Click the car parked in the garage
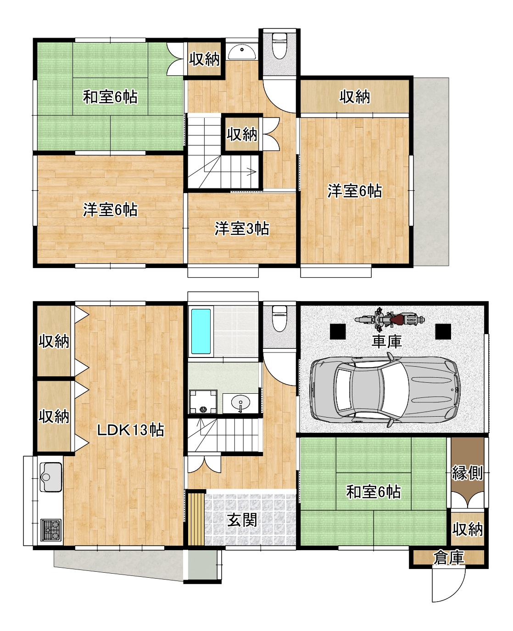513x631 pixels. point(385,390)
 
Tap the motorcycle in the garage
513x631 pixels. point(390,319)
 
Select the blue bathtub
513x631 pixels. point(201,331)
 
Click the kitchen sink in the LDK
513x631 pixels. point(50,477)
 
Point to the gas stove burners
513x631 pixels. point(50,530)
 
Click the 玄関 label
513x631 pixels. point(242,520)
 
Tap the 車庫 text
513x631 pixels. point(386,341)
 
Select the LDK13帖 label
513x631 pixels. point(130,430)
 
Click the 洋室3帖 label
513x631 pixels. point(242,229)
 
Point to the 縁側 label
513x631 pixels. point(467,473)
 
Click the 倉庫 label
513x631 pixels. point(448,558)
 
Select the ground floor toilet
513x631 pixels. point(279,318)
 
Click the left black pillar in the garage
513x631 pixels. point(338,331)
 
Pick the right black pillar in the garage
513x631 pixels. point(443,331)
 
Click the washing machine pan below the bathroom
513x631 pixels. point(203,402)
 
